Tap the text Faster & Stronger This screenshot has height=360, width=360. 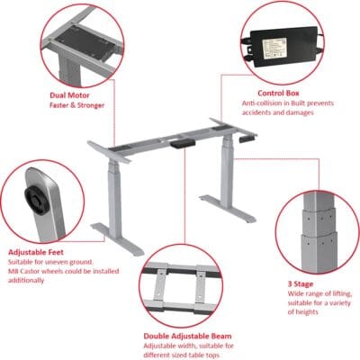[76, 105]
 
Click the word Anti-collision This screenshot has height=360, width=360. [260, 103]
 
